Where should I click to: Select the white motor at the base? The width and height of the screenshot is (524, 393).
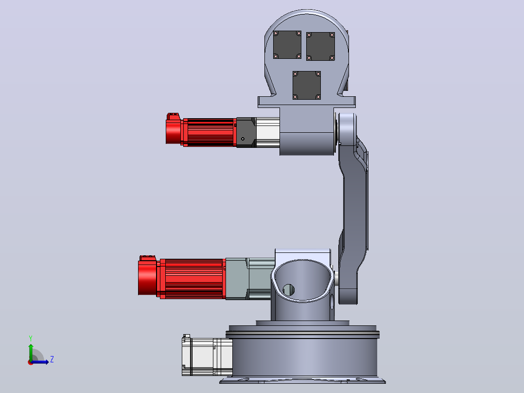pyautogui.click(x=207, y=356)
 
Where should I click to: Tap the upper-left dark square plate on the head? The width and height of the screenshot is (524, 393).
pyautogui.click(x=287, y=45)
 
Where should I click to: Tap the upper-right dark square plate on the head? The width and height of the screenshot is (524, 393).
pyautogui.click(x=320, y=47)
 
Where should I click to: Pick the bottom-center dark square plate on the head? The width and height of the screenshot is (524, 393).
pyautogui.click(x=307, y=85)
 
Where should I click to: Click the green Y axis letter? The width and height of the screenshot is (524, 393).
pyautogui.click(x=31, y=339)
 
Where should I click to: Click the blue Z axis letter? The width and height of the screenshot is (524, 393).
pyautogui.click(x=52, y=359)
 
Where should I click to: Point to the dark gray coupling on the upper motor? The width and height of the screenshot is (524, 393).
pyautogui.click(x=246, y=132)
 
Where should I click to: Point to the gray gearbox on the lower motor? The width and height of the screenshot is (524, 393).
pyautogui.click(x=237, y=279)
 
